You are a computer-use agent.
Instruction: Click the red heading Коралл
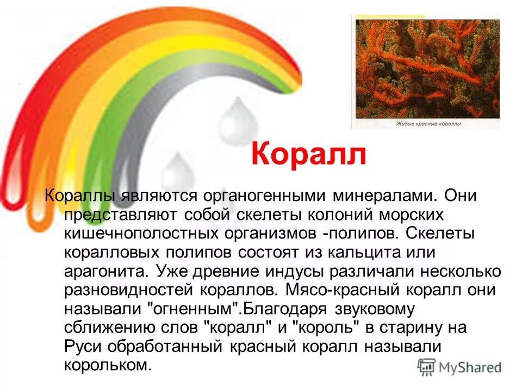pyautogui.click(x=309, y=154)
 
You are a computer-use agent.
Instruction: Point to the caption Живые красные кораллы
pyautogui.click(x=430, y=124)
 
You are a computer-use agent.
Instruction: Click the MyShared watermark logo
pyautogui.click(x=459, y=366)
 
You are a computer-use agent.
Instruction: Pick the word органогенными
pyautogui.click(x=265, y=195)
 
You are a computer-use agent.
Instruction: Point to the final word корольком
pyautogui.click(x=107, y=365)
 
